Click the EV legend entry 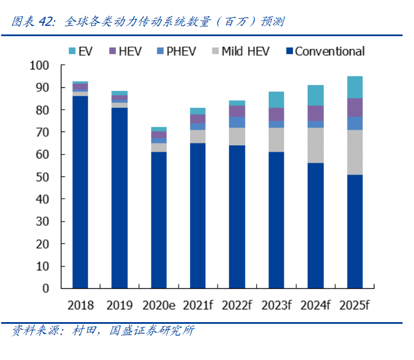(80, 51)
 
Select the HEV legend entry (126, 51)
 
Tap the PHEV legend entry (175, 51)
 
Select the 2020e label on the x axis (158, 305)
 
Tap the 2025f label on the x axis (355, 305)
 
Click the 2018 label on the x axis (80, 305)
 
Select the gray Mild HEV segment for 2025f (355, 152)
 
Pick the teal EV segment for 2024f (316, 95)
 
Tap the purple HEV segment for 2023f (276, 114)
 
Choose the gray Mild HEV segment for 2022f (237, 136)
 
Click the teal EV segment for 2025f (355, 87)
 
